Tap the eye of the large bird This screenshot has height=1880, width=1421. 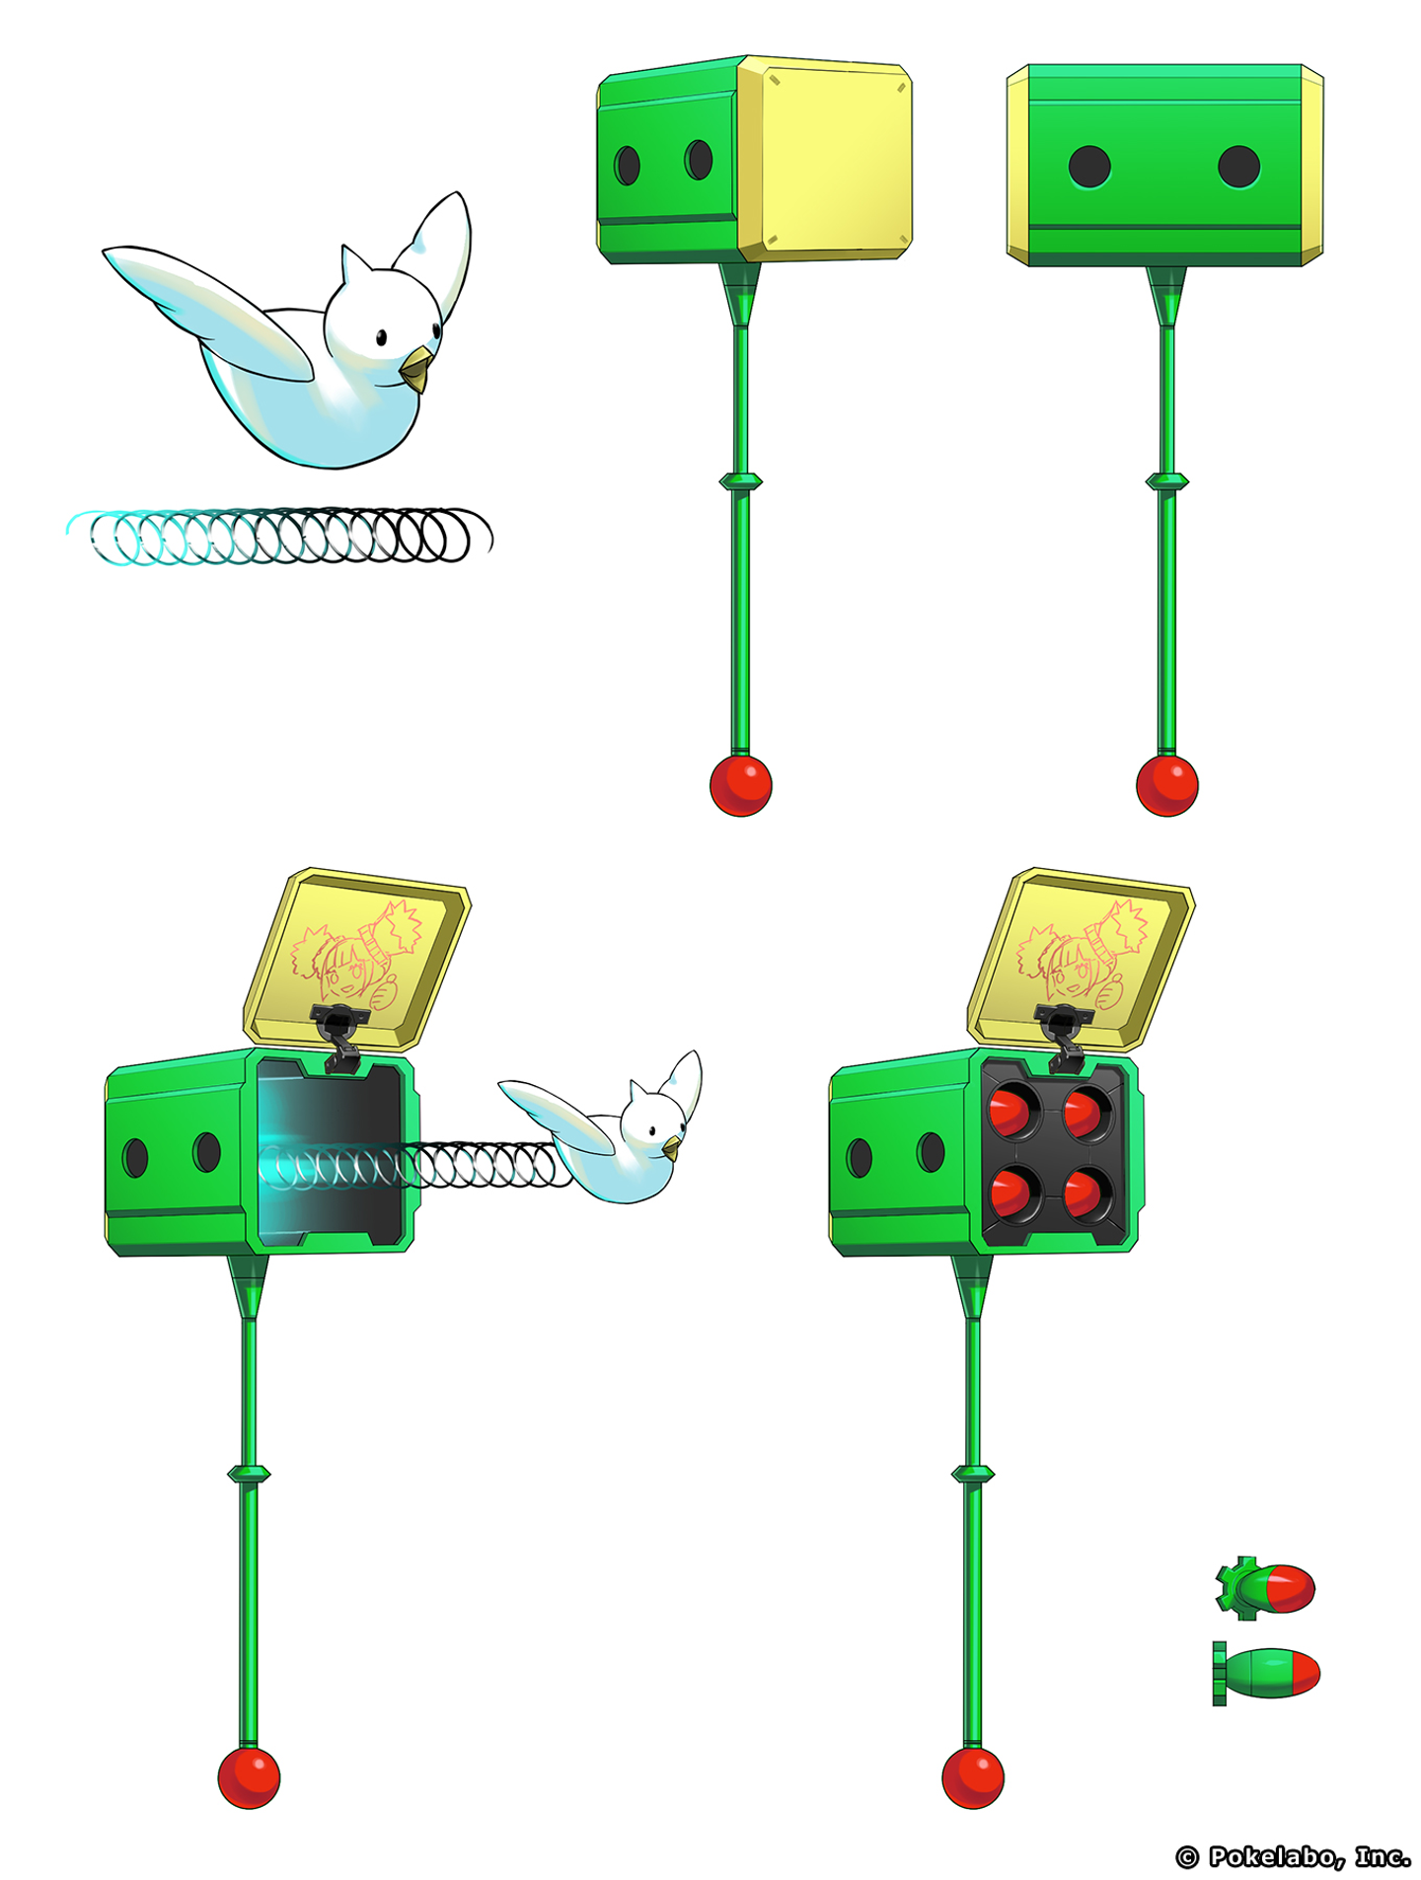(x=381, y=338)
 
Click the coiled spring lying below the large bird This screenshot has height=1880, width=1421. (x=279, y=536)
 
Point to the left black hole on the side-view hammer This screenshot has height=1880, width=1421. (x=1089, y=167)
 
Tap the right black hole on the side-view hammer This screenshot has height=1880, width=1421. (x=1238, y=167)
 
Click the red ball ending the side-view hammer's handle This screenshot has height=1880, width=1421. (x=1167, y=785)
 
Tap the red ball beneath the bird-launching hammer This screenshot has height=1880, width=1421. (x=249, y=1776)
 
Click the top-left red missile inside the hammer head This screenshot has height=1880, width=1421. (x=1011, y=1112)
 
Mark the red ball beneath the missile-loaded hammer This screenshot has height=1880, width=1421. (x=973, y=1776)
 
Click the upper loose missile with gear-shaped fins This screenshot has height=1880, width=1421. (x=1266, y=1587)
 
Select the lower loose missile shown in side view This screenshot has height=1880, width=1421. (x=1266, y=1673)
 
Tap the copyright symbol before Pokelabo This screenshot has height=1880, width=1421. (x=1188, y=1857)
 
